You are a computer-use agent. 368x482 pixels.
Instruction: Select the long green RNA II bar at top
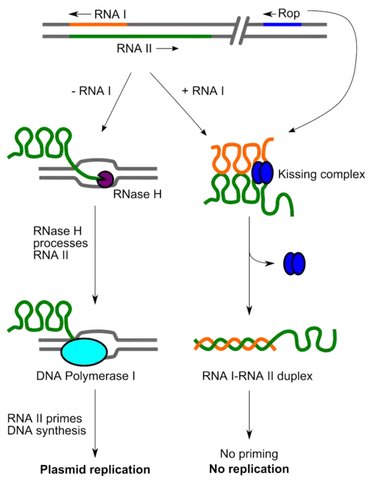coord(140,35)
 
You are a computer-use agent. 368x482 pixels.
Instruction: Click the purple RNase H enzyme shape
coord(105,178)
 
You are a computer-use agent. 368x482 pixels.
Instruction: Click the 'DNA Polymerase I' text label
coord(88,377)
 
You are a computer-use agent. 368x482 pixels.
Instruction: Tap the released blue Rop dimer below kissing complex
coord(294,262)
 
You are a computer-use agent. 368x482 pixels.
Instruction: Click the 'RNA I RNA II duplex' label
coord(258,377)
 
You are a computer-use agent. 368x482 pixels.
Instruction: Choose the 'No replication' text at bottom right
coord(252,469)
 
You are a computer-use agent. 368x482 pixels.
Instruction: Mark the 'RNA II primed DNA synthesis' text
coord(46,423)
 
